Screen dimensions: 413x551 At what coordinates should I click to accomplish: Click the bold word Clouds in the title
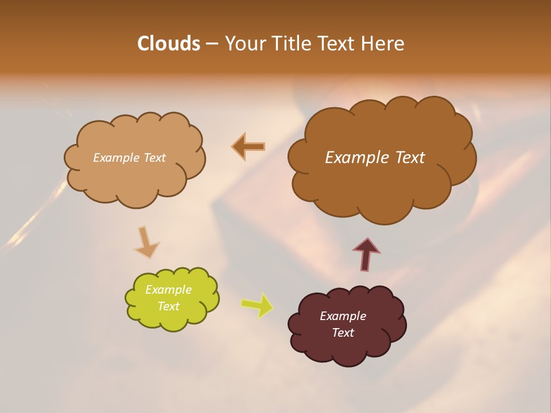168,44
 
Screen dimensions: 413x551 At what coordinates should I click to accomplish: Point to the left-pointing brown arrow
249,147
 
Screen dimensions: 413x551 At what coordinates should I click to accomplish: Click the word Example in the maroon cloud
343,316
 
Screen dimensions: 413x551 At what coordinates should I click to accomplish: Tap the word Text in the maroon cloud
343,333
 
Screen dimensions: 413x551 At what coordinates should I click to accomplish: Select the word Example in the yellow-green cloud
168,290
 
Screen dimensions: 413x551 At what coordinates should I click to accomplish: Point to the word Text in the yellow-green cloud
168,306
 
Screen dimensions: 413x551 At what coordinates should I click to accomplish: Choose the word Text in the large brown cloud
410,158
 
